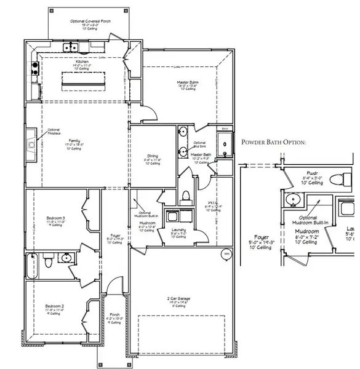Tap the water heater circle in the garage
225,253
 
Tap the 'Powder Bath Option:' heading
273,142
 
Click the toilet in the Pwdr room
336,180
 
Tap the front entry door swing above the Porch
112,286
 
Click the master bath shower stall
226,145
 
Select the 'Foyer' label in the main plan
115,236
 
